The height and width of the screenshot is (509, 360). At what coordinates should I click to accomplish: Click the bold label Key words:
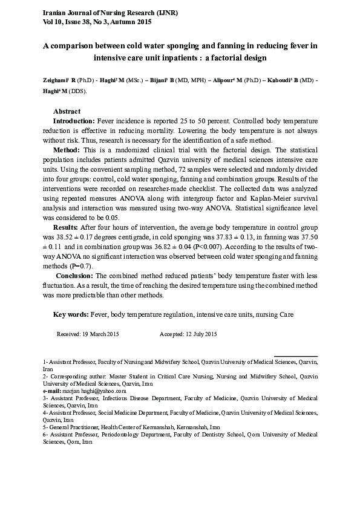(71, 314)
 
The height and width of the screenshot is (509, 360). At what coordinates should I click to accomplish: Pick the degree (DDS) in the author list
(77, 91)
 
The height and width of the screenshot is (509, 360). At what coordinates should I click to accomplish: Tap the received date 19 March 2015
(97, 334)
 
